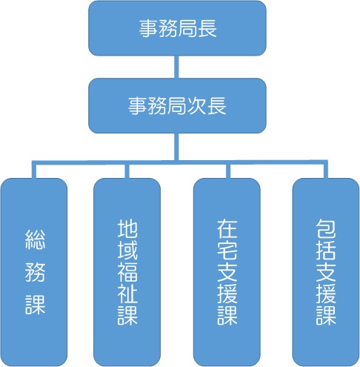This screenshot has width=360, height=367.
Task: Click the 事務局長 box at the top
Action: (x=177, y=28)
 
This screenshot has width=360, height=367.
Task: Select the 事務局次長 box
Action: (x=177, y=106)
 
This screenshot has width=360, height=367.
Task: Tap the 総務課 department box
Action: (x=34, y=272)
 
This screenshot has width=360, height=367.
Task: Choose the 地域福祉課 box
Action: (x=127, y=272)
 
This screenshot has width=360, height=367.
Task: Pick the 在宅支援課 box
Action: (x=227, y=272)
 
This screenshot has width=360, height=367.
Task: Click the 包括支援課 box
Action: (x=326, y=272)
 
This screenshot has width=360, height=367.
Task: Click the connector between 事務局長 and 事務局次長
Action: (x=176, y=67)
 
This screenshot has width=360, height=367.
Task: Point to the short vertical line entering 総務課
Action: (x=34, y=170)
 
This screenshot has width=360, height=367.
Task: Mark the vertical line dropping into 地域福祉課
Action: (x=127, y=170)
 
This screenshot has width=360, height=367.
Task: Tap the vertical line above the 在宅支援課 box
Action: (x=228, y=170)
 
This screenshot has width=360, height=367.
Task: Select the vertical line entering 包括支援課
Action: (x=326, y=170)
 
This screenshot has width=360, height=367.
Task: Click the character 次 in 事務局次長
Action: (x=197, y=105)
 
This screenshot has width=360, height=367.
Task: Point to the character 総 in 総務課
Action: (x=36, y=239)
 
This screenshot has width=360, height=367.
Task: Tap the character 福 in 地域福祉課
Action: (x=127, y=272)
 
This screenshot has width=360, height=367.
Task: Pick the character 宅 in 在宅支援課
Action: (x=227, y=251)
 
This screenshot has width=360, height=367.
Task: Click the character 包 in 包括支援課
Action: (x=326, y=228)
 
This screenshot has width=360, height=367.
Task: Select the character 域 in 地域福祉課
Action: (x=127, y=251)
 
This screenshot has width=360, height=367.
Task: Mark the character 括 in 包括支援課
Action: (x=326, y=251)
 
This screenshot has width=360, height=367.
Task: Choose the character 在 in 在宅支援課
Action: (x=227, y=228)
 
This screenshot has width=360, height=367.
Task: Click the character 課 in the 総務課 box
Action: (x=36, y=305)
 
